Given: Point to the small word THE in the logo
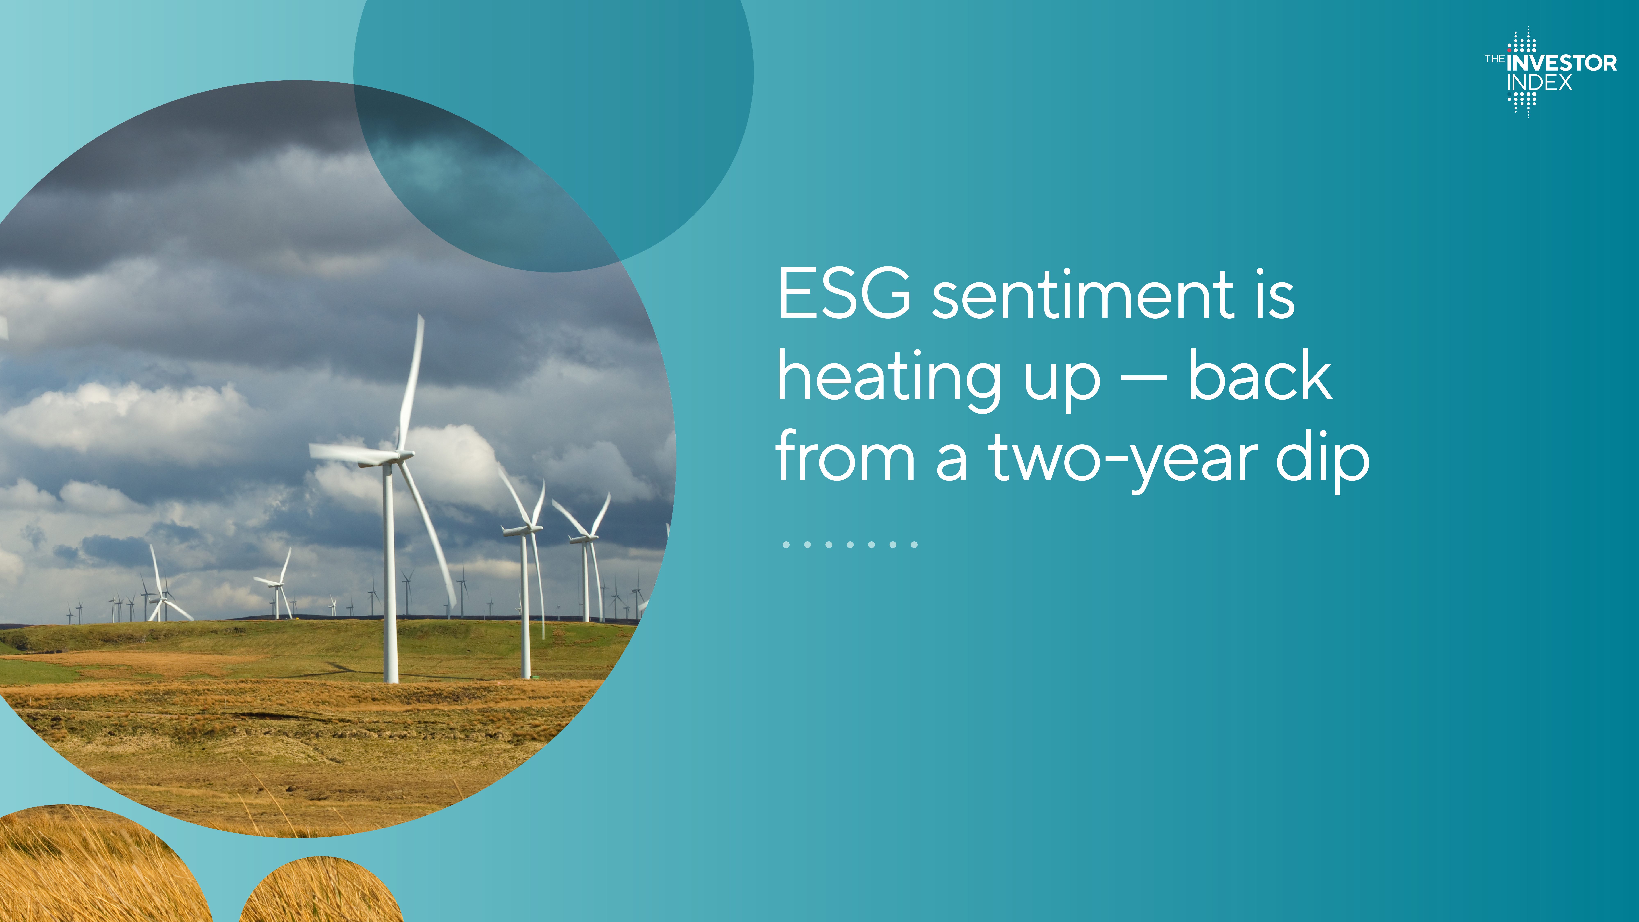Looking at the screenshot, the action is coord(1495,59).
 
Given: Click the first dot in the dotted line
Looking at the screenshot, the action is coord(787,545).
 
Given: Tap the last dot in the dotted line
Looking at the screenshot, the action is coord(914,545).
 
